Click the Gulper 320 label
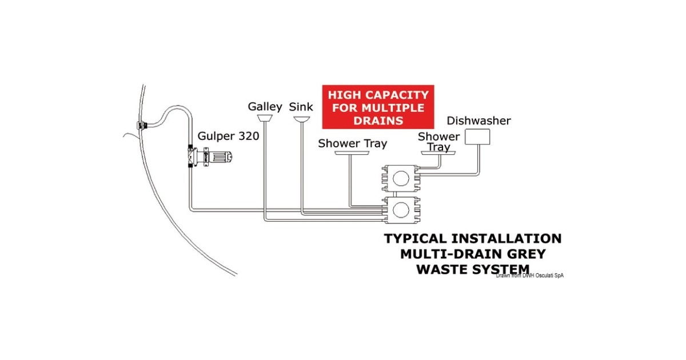[x=229, y=137]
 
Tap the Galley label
[x=265, y=107]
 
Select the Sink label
[x=301, y=107]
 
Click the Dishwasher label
[x=478, y=121]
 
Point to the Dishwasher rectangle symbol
[x=477, y=137]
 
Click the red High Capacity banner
[x=378, y=107]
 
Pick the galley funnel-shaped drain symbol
[x=265, y=118]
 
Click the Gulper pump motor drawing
[x=220, y=155]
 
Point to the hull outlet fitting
[x=141, y=125]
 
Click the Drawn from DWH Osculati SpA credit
[x=530, y=275]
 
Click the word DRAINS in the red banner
[x=378, y=121]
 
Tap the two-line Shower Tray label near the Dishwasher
[x=438, y=142]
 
